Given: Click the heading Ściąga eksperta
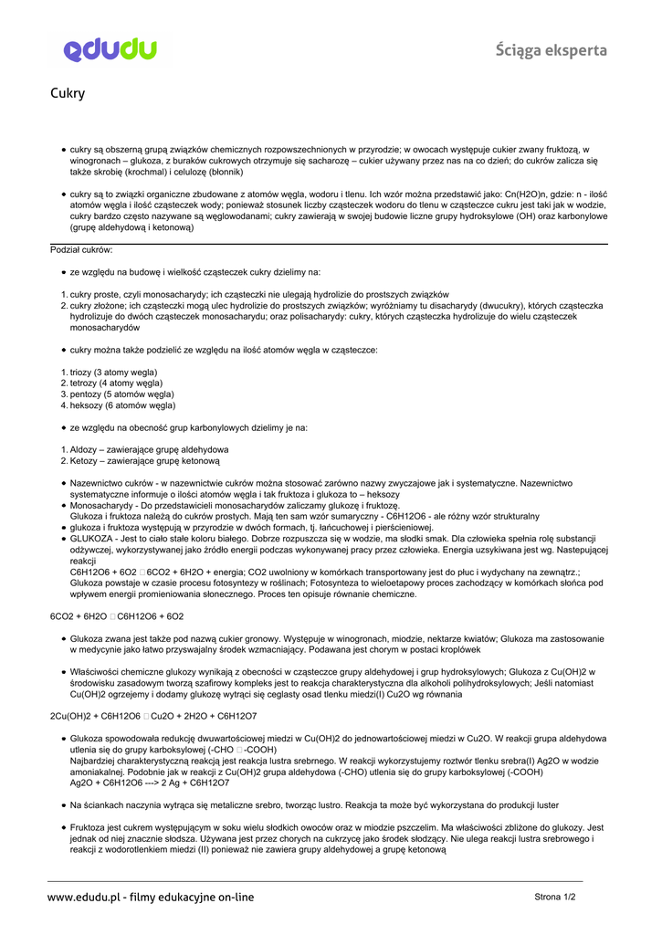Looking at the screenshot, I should click(552, 50).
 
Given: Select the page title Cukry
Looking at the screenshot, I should click(68, 93).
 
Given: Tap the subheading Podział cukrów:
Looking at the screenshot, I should click(81, 249).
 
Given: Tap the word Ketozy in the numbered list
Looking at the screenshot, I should click(84, 461).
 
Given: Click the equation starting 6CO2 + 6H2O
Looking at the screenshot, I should click(116, 616).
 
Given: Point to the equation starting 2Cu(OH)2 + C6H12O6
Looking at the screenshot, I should click(153, 716).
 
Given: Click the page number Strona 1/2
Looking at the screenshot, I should click(555, 897).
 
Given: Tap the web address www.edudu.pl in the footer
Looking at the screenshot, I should click(85, 897).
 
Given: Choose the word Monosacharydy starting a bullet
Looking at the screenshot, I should click(101, 505).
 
